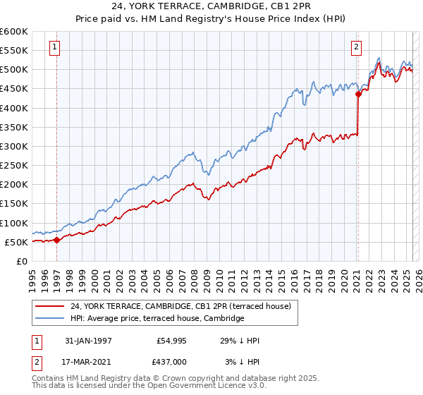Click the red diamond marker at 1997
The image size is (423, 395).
56,240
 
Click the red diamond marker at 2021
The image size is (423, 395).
358,93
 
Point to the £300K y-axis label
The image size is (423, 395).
14,146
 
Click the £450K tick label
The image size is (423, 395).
14,89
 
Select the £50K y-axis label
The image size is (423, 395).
17,242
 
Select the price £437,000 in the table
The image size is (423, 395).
171,361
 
